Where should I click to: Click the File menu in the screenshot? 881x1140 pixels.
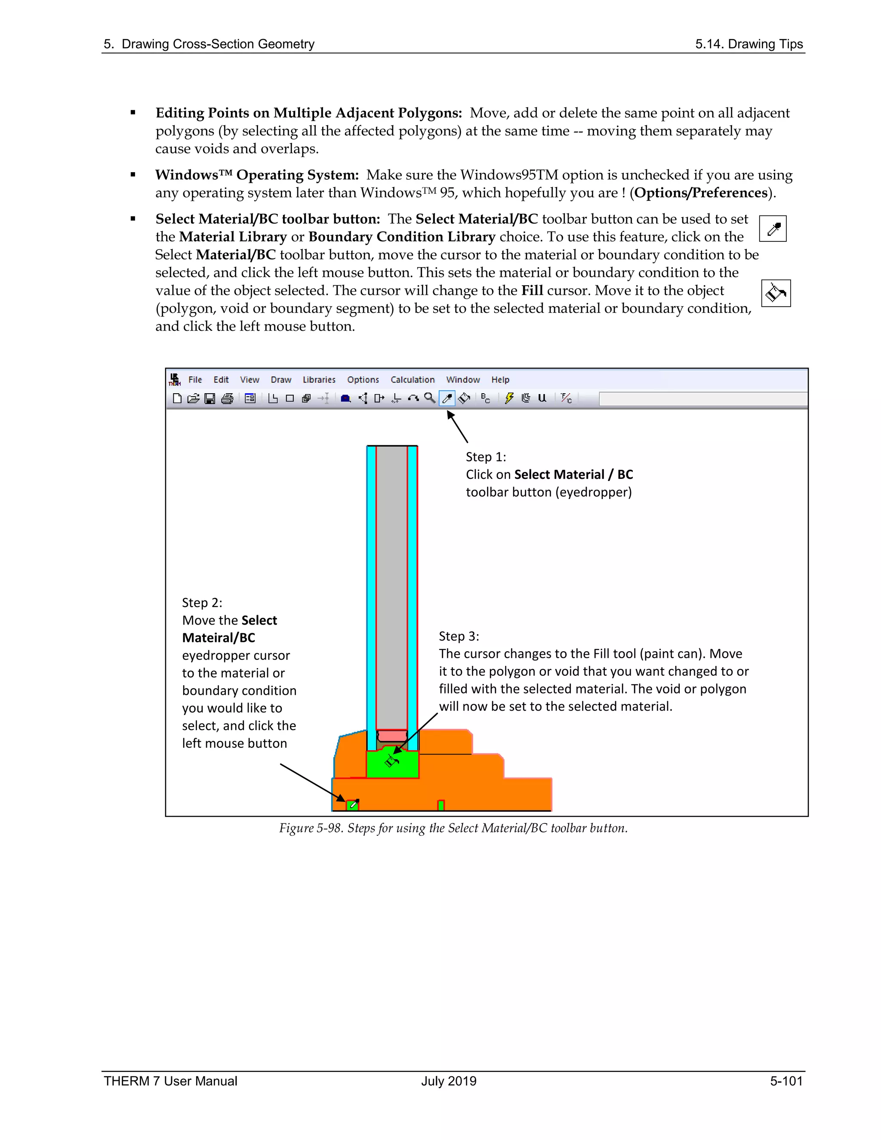pyautogui.click(x=195, y=380)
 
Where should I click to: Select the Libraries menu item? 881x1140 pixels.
pyautogui.click(x=319, y=380)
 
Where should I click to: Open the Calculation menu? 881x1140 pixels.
pyautogui.click(x=412, y=380)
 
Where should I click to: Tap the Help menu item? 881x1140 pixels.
pyautogui.click(x=500, y=380)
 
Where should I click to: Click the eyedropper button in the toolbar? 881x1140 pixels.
pyautogui.click(x=447, y=399)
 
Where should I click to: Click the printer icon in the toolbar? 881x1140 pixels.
pyautogui.click(x=227, y=399)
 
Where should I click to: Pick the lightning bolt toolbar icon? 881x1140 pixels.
pyautogui.click(x=509, y=398)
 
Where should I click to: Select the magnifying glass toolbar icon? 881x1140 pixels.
pyautogui.click(x=430, y=398)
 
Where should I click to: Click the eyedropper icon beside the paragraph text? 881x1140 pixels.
pyautogui.click(x=773, y=228)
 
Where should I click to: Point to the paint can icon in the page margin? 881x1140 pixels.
pyautogui.click(x=776, y=293)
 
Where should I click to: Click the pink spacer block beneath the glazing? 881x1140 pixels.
pyautogui.click(x=392, y=736)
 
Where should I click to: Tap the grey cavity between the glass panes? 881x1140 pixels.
pyautogui.click(x=391, y=585)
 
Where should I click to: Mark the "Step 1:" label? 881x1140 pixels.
pyautogui.click(x=485, y=457)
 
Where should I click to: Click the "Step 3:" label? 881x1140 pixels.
pyautogui.click(x=459, y=636)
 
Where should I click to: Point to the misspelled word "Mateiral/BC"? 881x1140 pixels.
pyautogui.click(x=219, y=638)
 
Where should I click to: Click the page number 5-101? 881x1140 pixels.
pyautogui.click(x=786, y=1081)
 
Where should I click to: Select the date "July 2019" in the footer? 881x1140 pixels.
pyautogui.click(x=449, y=1081)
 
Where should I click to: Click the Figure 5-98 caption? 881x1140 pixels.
pyautogui.click(x=453, y=829)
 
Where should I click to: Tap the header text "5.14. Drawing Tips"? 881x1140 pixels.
pyautogui.click(x=749, y=44)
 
